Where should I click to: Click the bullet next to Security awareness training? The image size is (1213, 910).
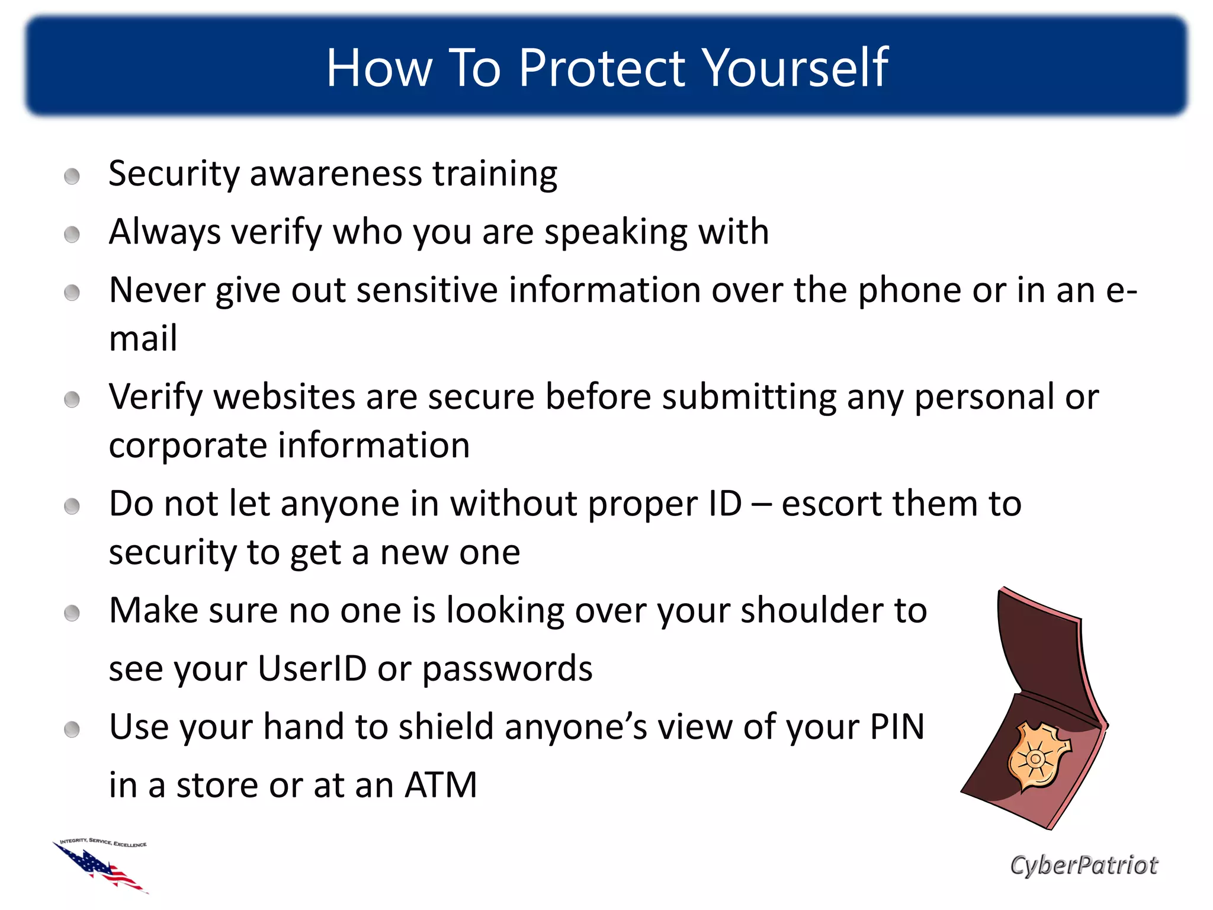[x=72, y=176]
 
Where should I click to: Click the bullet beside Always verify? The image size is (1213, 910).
[x=72, y=234]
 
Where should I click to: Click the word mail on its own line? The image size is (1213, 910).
[x=143, y=339]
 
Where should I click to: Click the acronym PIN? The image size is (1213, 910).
[x=897, y=727]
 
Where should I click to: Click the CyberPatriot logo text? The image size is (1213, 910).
[x=1083, y=866]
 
